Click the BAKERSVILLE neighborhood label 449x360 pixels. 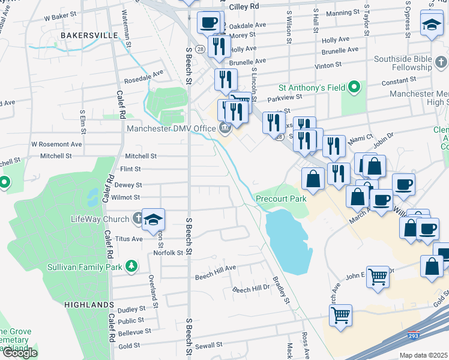(89, 35)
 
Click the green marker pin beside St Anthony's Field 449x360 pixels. (354, 88)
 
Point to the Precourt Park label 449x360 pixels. (281, 199)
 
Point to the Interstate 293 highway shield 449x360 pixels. (414, 332)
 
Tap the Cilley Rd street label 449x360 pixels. (244, 5)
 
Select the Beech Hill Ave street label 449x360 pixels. (215, 275)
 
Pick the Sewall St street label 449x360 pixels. (208, 346)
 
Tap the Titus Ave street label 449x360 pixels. (128, 238)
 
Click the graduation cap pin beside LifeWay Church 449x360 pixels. (154, 220)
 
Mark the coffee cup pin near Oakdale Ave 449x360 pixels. (208, 22)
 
